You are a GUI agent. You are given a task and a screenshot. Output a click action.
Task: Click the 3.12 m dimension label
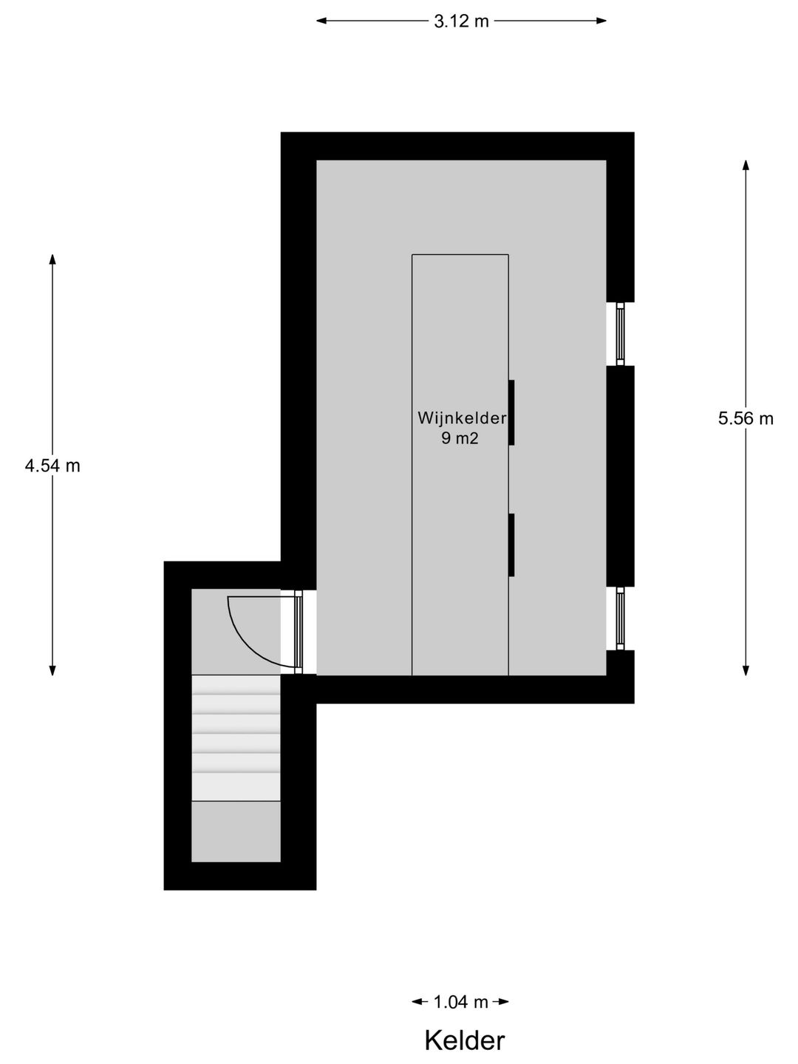pyautogui.click(x=461, y=21)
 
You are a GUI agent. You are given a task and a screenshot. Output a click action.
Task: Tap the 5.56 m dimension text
pyautogui.click(x=746, y=418)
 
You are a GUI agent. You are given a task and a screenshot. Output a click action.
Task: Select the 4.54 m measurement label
pyautogui.click(x=52, y=465)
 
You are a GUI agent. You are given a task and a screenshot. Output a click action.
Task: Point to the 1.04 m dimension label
pyautogui.click(x=460, y=1002)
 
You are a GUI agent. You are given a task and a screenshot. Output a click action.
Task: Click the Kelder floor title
pyautogui.click(x=464, y=1040)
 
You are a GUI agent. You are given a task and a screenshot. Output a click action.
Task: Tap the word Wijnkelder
pyautogui.click(x=462, y=418)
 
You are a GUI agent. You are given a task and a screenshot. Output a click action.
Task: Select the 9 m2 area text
pyautogui.click(x=460, y=438)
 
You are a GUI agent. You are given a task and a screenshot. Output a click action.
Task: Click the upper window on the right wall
pyautogui.click(x=621, y=334)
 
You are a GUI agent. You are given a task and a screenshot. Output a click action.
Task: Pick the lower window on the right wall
pyautogui.click(x=621, y=618)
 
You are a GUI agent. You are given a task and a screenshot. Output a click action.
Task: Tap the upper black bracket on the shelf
pyautogui.click(x=511, y=413)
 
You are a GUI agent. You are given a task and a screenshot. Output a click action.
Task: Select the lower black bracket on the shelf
pyautogui.click(x=511, y=545)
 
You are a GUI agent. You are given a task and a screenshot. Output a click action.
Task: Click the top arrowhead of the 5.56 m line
pyautogui.click(x=746, y=165)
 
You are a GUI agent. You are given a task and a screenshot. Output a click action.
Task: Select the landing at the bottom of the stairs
pyautogui.click(x=236, y=831)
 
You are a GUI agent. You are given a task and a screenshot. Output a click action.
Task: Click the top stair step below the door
pyautogui.click(x=236, y=684)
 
